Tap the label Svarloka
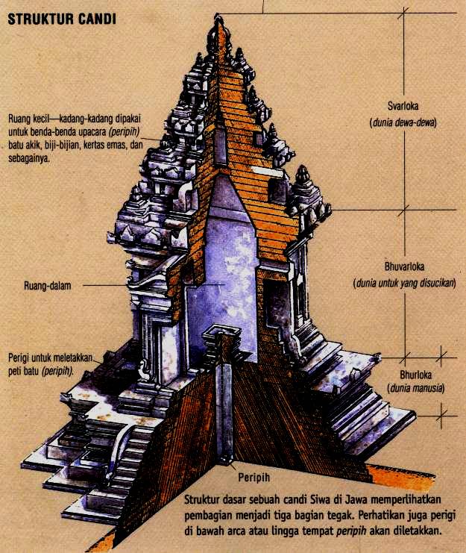tap(403, 106)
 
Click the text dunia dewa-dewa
tap(403, 121)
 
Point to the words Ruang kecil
tap(31, 117)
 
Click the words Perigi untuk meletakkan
tap(51, 357)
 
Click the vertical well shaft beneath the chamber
tap(223, 403)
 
